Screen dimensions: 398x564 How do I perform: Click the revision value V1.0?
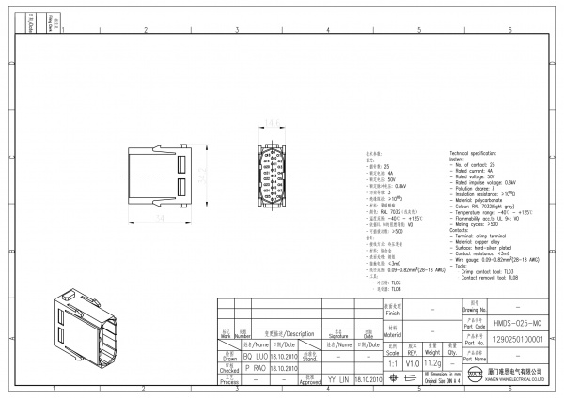[x=413, y=361]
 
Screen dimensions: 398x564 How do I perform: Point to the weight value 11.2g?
[x=433, y=361]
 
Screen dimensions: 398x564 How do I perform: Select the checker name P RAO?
[x=257, y=369]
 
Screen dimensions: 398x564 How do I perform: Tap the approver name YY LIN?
[x=337, y=380]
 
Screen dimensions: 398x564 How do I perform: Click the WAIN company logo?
[x=476, y=377]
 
